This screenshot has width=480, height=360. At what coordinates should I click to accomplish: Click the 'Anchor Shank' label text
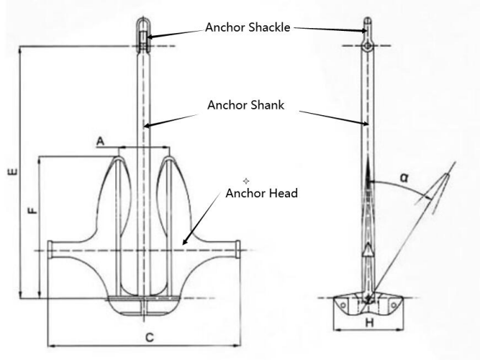(245, 105)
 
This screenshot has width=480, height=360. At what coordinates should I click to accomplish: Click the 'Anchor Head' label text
(261, 193)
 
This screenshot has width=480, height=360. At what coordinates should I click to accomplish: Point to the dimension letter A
(101, 143)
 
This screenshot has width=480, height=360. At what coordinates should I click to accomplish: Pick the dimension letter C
(148, 336)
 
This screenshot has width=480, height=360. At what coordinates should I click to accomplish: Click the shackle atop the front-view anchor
(143, 32)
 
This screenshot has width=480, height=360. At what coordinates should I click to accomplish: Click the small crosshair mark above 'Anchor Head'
(245, 179)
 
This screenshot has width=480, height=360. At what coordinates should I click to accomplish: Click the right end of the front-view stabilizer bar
(237, 250)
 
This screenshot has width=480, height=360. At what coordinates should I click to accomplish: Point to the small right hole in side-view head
(393, 304)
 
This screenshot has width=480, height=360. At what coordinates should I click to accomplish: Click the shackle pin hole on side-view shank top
(368, 46)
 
